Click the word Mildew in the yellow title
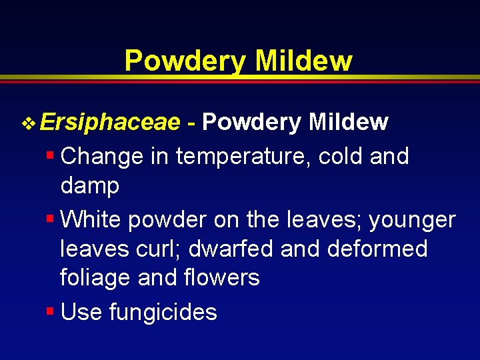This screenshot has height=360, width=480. [303, 61]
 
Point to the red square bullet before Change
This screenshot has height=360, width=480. [50, 156]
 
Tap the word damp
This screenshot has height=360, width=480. [90, 187]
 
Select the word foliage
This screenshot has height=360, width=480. [95, 277]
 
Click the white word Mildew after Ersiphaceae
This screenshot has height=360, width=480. [349, 123]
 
